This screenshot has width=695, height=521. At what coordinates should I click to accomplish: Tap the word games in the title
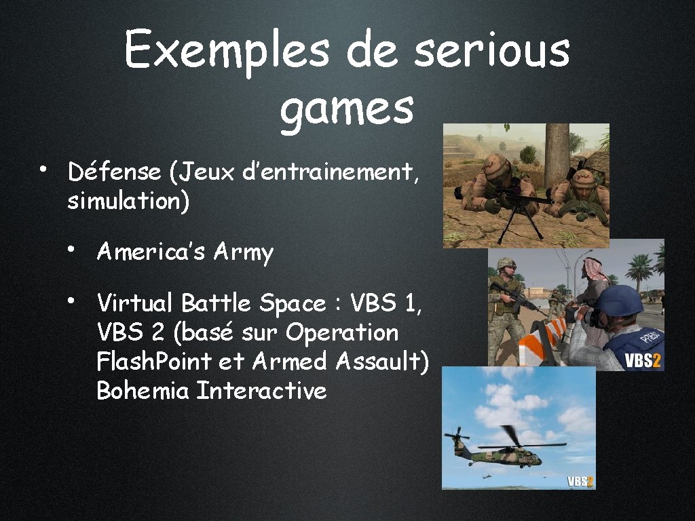tap(346, 109)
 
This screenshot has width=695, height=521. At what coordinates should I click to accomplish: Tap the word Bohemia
tap(143, 391)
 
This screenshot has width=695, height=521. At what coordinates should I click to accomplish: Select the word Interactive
tap(261, 391)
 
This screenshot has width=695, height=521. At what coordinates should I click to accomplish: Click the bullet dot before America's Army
tap(71, 250)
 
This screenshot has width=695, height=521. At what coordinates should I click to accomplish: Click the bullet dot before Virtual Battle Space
tap(71, 301)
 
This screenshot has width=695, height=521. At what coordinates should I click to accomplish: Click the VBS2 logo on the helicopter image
tap(580, 482)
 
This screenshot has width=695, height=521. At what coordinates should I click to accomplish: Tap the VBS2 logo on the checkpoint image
tap(642, 360)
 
